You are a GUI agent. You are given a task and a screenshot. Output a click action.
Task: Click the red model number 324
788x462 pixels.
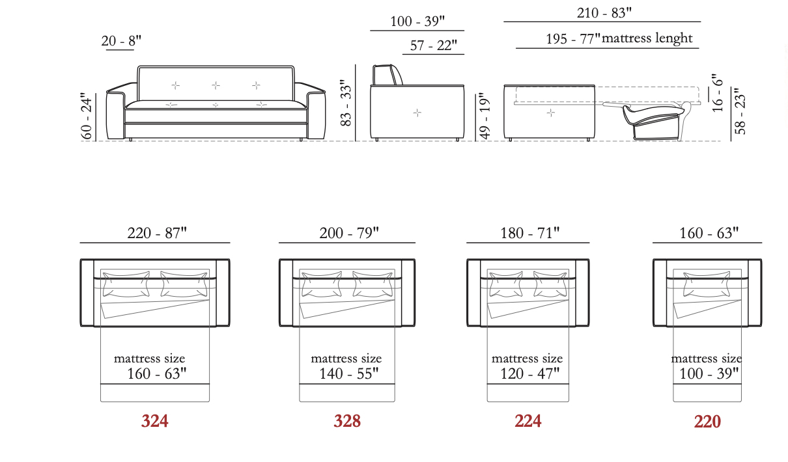coord(155,421)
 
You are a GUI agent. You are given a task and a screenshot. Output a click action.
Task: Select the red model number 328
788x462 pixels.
coord(347,421)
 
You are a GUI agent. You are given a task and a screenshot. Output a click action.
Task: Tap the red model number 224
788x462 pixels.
coord(528,421)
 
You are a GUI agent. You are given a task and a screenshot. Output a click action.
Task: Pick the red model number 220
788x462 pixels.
coord(707,421)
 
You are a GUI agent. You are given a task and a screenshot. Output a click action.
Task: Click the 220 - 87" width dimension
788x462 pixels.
coord(157,233)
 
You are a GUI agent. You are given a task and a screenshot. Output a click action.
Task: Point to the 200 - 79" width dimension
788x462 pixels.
coord(349,233)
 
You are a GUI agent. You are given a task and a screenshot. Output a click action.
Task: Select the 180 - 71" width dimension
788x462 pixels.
coord(530,233)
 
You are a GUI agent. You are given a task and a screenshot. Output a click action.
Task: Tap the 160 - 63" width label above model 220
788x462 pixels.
coord(709,233)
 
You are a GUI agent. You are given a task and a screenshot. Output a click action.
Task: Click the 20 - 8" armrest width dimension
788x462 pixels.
coord(121,41)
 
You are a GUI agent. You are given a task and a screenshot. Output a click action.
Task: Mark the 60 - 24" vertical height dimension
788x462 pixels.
coord(87,116)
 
